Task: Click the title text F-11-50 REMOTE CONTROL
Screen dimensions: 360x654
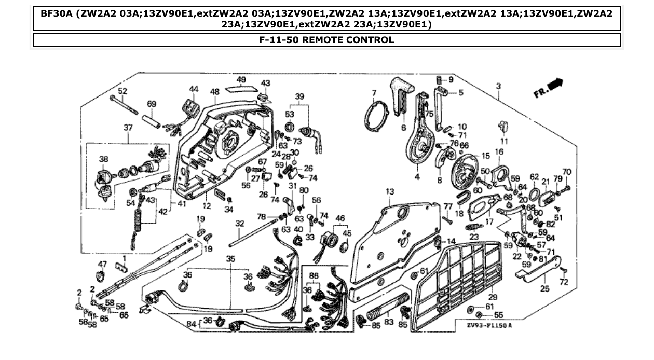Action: (326, 40)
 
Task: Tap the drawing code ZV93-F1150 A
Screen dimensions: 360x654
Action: (489, 325)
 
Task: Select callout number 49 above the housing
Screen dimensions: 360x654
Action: (241, 80)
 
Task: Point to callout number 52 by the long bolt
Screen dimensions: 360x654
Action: (122, 91)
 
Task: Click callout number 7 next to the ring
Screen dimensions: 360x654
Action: (373, 93)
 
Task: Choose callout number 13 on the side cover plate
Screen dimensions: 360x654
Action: (390, 192)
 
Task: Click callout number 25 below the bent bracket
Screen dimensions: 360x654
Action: (544, 288)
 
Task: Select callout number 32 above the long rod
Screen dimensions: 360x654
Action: (239, 223)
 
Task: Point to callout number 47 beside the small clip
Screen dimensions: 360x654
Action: (103, 264)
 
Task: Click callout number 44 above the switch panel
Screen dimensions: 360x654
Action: (194, 89)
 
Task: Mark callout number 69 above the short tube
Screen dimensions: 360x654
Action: (151, 104)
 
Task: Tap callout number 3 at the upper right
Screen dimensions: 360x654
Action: (498, 86)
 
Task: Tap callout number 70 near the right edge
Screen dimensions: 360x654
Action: (566, 171)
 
